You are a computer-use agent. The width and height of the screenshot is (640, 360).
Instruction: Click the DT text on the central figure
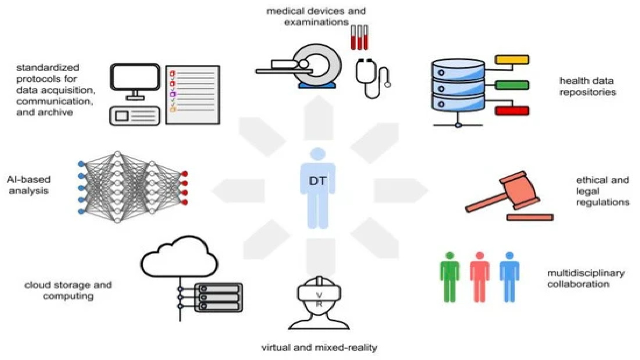tap(317, 181)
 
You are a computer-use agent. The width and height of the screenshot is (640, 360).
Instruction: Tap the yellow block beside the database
tap(512, 60)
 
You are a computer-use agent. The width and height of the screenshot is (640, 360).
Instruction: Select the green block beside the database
tap(512, 85)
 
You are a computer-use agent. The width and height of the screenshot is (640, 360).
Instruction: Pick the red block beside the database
tap(512, 111)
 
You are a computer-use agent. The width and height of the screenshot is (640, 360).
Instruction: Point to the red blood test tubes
tap(360, 38)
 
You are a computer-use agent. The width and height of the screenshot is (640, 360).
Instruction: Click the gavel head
tap(519, 190)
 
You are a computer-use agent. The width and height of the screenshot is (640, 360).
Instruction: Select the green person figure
tap(450, 277)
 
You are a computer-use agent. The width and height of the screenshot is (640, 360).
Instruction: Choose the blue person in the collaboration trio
tap(509, 277)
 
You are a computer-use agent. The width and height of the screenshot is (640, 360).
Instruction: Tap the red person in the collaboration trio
tap(480, 277)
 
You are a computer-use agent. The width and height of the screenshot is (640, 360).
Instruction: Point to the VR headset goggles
tap(319, 292)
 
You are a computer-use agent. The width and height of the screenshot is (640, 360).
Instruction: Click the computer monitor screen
tap(135, 77)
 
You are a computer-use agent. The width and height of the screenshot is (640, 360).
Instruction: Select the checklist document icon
tap(193, 95)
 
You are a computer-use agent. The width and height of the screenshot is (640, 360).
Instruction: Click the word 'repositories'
tap(587, 92)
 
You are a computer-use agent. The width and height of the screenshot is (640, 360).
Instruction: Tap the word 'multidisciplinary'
tap(586, 273)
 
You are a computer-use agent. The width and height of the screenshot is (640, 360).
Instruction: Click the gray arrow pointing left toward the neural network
tap(238, 191)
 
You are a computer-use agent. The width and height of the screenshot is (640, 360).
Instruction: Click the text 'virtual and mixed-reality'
tap(319, 348)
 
